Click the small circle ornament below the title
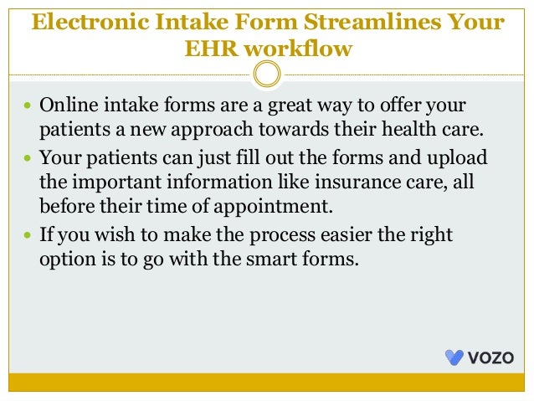pos(266,76)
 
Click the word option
pos(64,259)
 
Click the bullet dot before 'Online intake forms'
pos(28,108)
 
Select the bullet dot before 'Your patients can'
pos(28,158)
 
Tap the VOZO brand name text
pos(492,357)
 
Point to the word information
pos(191,182)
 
